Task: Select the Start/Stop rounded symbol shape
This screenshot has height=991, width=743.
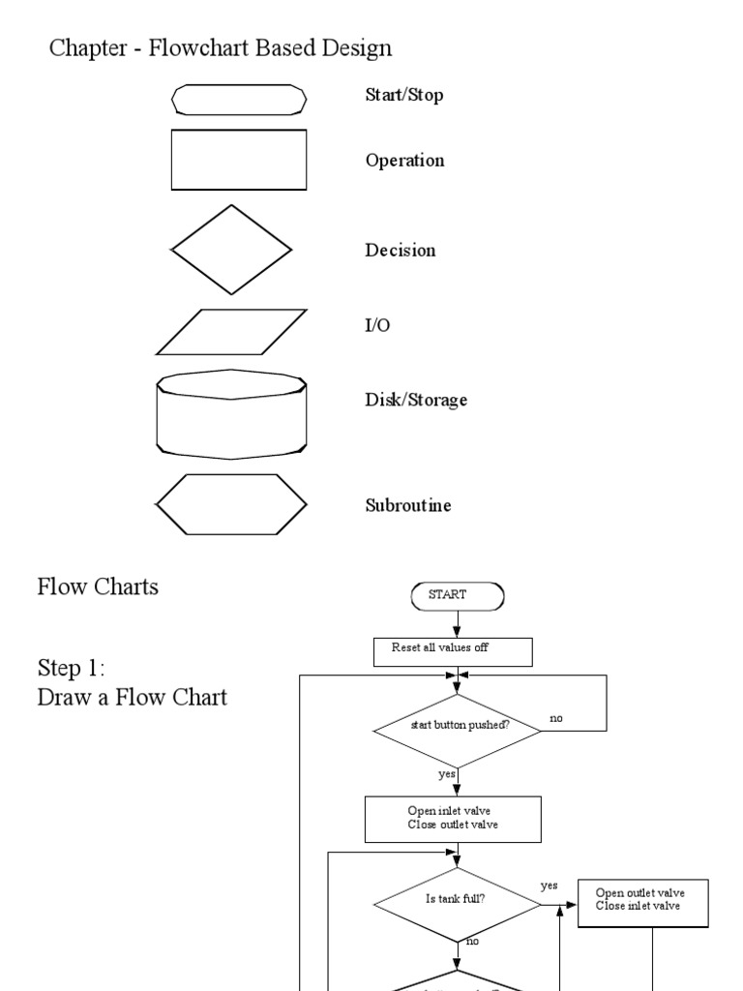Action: pyautogui.click(x=239, y=98)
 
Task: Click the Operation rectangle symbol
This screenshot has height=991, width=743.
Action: pyautogui.click(x=239, y=160)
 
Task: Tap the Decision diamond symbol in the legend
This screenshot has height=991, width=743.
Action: pyautogui.click(x=231, y=250)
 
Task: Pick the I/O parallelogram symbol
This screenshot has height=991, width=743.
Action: pyautogui.click(x=231, y=332)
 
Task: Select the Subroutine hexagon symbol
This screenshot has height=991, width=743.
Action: pyautogui.click(x=231, y=504)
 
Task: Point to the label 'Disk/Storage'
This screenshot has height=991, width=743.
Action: pyautogui.click(x=416, y=400)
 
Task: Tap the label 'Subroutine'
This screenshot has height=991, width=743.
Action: pyautogui.click(x=407, y=505)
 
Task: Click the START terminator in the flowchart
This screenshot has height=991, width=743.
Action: pyautogui.click(x=457, y=596)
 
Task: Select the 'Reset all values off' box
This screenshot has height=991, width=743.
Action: pyautogui.click(x=453, y=651)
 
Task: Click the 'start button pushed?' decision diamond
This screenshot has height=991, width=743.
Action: pyautogui.click(x=457, y=725)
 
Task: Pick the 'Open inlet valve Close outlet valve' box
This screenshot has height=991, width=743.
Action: pyautogui.click(x=453, y=819)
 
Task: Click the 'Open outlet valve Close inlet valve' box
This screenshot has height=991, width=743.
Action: pyautogui.click(x=644, y=901)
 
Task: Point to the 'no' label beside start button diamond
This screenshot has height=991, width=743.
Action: pyautogui.click(x=556, y=719)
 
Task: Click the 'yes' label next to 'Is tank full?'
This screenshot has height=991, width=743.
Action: pyautogui.click(x=550, y=886)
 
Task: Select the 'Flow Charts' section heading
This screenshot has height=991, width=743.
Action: pyautogui.click(x=98, y=586)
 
